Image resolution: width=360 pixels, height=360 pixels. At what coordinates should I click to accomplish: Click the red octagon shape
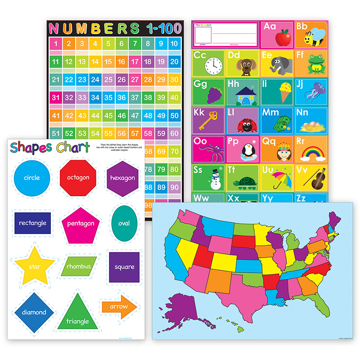pos(78,177)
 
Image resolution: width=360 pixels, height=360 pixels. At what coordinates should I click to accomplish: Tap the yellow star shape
pos(35,266)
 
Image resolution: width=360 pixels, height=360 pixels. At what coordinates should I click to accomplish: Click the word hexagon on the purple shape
pos(122,178)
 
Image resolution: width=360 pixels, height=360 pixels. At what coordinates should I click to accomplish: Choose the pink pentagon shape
pos(81,223)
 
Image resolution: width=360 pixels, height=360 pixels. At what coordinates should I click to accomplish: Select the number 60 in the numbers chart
pos(175,134)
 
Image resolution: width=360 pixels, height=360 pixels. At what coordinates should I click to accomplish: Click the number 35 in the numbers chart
pos(108,97)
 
